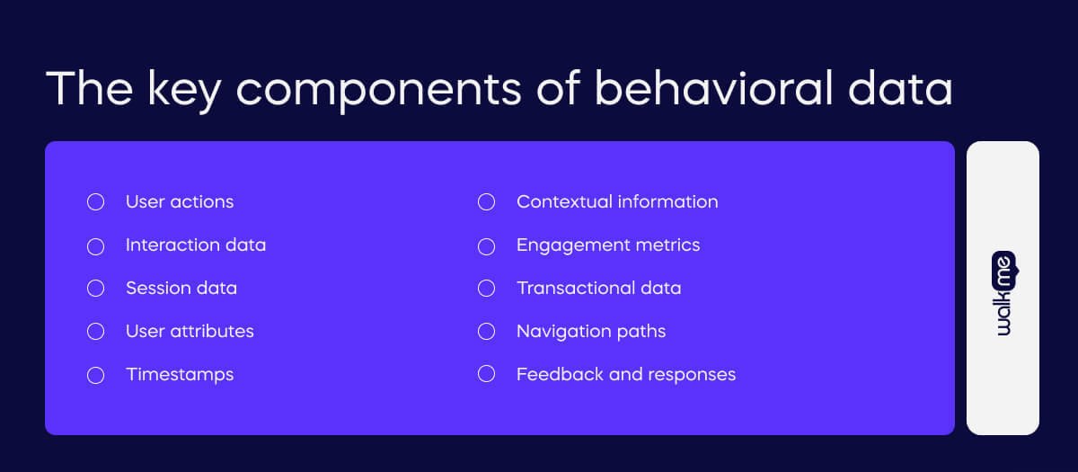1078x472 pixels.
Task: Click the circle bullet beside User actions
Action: [95, 202]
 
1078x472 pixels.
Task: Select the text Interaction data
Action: [195, 245]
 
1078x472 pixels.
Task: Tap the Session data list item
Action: [181, 288]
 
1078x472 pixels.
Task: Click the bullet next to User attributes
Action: [95, 332]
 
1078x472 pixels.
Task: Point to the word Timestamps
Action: [179, 374]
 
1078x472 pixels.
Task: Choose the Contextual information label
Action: [616, 202]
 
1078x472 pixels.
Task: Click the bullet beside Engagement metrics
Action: [486, 245]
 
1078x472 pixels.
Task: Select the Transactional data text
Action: [598, 288]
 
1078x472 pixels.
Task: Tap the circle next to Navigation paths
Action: [486, 332]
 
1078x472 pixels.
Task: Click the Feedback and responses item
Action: [625, 374]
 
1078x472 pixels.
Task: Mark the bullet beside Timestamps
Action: [95, 375]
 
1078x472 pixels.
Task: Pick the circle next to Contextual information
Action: [486, 202]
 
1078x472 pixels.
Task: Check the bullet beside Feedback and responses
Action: [486, 374]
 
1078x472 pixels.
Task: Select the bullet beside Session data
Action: [95, 289]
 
